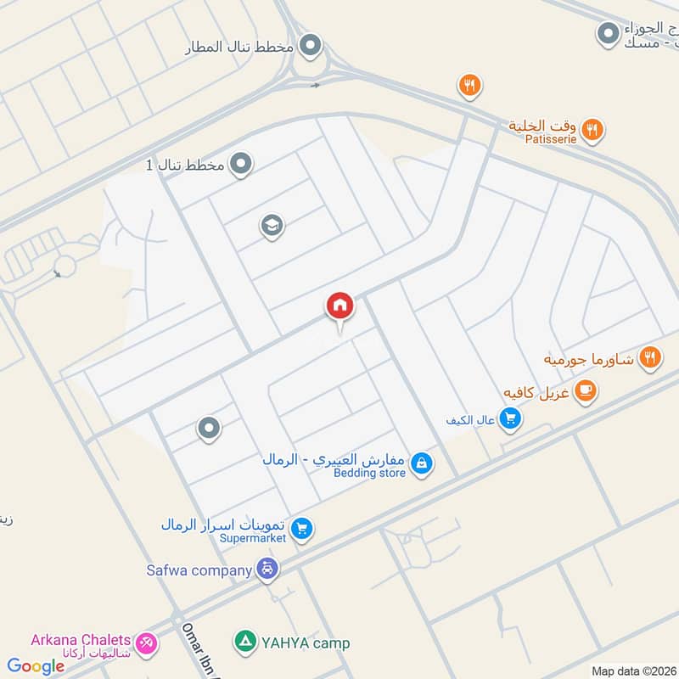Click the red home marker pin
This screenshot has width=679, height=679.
[339, 306]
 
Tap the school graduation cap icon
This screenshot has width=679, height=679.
[272, 227]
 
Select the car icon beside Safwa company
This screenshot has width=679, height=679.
[267, 570]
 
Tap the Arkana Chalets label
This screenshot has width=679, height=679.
[81, 640]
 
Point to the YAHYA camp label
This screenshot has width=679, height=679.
[303, 643]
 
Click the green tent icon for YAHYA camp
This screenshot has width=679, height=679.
[244, 643]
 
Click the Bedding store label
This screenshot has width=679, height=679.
[369, 473]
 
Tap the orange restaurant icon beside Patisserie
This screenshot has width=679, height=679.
[593, 130]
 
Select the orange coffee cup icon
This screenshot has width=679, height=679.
[585, 390]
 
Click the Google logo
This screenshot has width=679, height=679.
[36, 666]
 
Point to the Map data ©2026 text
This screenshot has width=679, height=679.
[634, 671]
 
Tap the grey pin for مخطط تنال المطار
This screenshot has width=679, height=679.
[311, 45]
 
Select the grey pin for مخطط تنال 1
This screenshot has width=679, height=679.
[242, 163]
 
